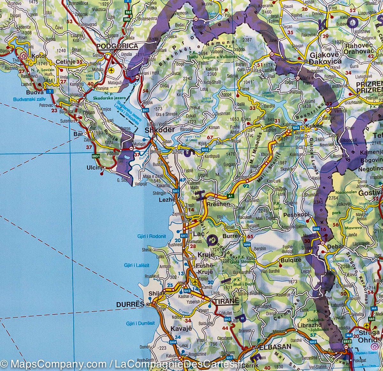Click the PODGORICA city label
[x=117, y=46]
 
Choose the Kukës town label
[x=312, y=126]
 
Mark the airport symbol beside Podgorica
[x=111, y=70]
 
